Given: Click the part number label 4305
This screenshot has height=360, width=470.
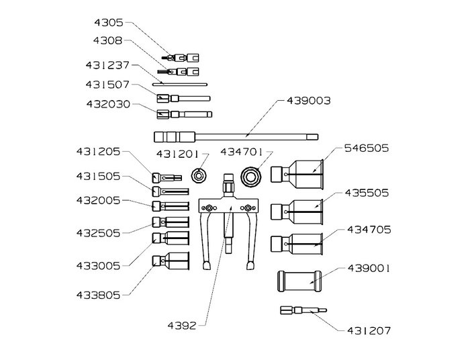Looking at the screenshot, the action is click(x=109, y=23).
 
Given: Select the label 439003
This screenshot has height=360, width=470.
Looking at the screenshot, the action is click(x=308, y=101).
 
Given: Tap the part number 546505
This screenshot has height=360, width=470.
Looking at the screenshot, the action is click(x=367, y=148).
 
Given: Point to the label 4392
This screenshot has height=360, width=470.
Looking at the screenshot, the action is click(x=182, y=326).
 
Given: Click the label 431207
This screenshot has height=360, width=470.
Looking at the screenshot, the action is click(x=369, y=330).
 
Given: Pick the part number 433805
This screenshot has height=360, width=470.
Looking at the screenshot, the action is click(x=98, y=296).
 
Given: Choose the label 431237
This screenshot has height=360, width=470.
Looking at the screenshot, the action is click(x=107, y=65).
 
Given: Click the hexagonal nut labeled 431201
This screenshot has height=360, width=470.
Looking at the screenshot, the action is click(x=197, y=175).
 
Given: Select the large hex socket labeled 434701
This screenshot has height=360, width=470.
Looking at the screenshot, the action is click(x=251, y=177).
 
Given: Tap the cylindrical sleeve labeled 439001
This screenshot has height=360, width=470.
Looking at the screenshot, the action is click(x=299, y=281).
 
